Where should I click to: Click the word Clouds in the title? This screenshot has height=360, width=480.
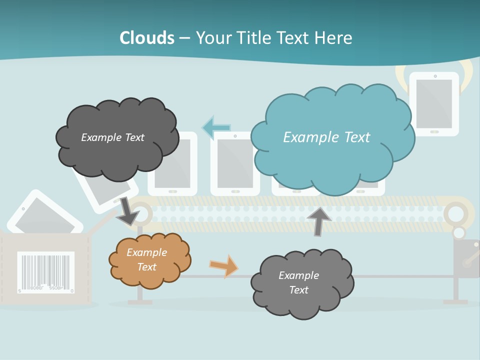point(147,38)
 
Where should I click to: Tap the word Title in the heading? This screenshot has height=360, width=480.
point(253,38)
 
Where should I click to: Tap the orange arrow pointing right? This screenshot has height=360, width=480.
point(223,265)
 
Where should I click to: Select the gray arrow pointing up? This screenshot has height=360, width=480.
point(318,220)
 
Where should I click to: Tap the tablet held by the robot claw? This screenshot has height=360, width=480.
point(434,103)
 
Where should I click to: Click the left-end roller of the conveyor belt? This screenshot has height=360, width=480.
point(141,213)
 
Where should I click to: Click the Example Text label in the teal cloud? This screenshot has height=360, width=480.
point(326,137)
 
